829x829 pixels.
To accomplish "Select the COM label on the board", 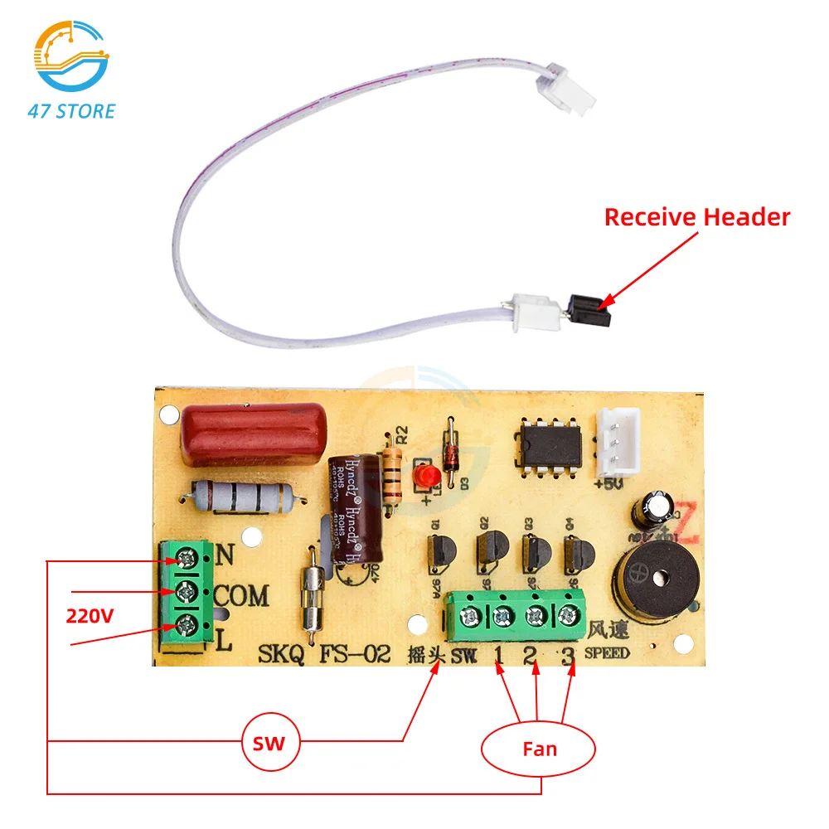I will (241, 595).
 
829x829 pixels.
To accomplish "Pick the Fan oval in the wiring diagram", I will (539, 749).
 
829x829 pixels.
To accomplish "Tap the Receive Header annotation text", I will (696, 217).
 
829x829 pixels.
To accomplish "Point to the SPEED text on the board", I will (607, 653).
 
